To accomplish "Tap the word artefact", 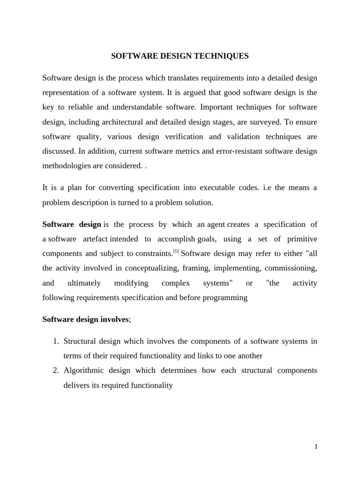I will (x=96, y=239).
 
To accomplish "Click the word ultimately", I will (x=84, y=283).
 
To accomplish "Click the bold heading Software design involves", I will (x=85, y=319).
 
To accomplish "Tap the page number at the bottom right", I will (x=316, y=447).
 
